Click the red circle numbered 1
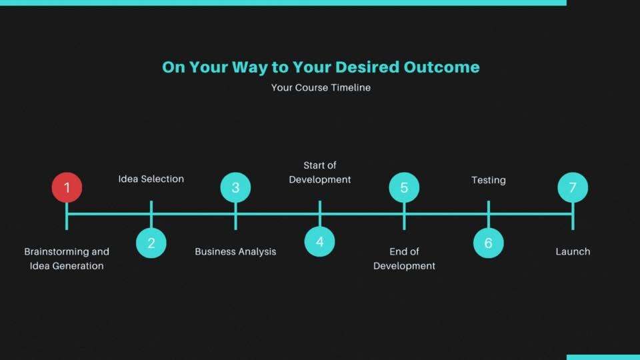point(67,187)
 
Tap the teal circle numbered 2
point(151,243)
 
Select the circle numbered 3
point(235,187)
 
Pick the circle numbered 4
point(319,241)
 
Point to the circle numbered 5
point(404,187)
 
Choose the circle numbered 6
point(488,243)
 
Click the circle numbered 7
point(573,187)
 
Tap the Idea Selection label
point(151,179)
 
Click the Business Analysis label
point(235,251)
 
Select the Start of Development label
point(319,172)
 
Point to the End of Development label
point(404,259)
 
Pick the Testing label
point(489,180)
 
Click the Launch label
point(573,251)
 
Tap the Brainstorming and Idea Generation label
point(67,259)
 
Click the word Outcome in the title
point(441,67)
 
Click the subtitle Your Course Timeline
point(321,87)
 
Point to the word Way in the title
point(250,67)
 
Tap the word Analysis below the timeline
point(255,252)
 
